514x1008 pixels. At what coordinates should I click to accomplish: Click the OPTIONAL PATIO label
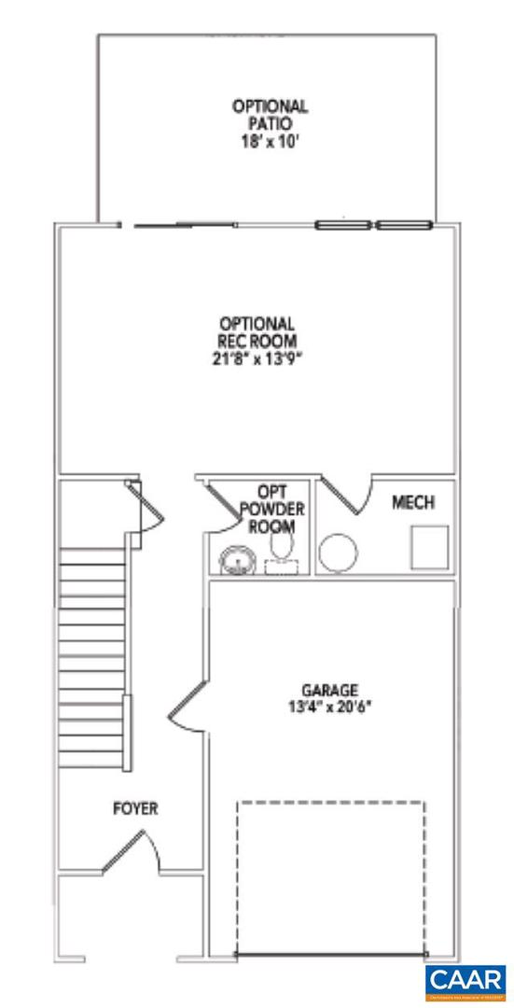270,115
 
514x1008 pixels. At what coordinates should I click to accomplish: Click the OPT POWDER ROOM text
271,510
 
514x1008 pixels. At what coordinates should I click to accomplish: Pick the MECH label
412,503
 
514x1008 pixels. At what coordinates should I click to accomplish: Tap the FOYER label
135,808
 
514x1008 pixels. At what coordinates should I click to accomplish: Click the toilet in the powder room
281,546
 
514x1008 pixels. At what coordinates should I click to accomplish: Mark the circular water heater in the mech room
337,552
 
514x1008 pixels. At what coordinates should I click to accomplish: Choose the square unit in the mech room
430,547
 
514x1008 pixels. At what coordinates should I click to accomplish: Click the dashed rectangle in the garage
331,877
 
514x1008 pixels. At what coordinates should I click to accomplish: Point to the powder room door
220,504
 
